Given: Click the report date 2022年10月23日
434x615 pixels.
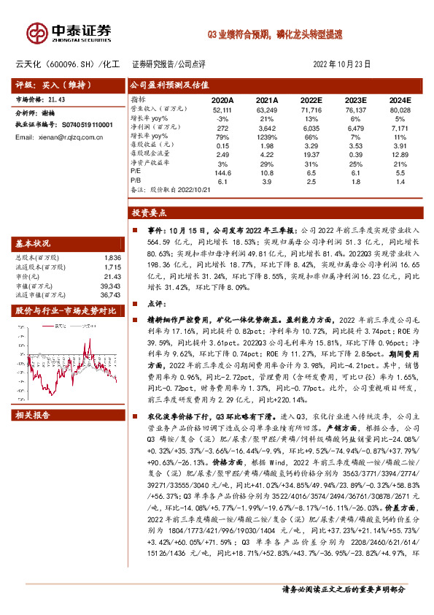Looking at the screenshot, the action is coord(341,64).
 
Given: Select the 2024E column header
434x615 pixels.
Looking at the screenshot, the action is coord(399,99).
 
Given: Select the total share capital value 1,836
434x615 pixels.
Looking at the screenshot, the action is coord(112,258).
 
